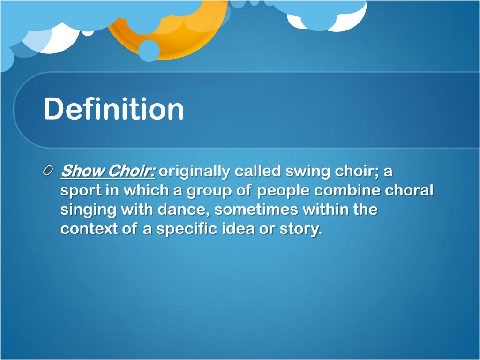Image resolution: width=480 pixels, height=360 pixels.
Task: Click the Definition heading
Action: point(113,109)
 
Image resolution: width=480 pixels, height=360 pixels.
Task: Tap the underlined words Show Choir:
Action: point(108,172)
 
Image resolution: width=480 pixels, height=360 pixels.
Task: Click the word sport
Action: point(81,191)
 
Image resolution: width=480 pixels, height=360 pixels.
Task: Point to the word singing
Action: point(88,210)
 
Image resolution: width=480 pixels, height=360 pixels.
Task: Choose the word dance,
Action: point(183,210)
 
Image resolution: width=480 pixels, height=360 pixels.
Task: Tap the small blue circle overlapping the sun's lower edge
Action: point(149,51)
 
